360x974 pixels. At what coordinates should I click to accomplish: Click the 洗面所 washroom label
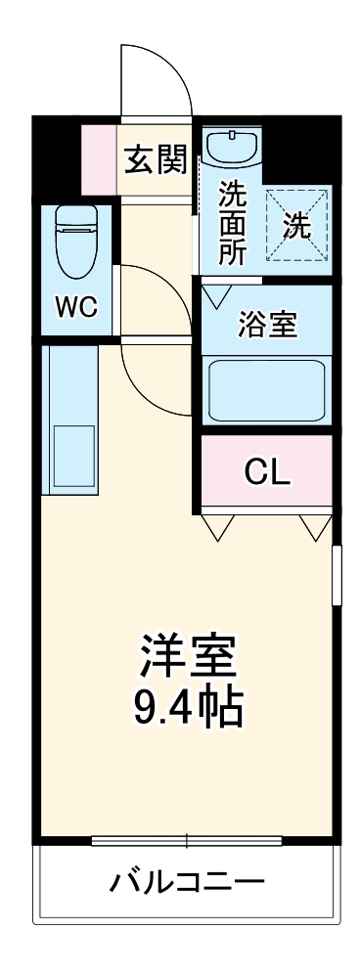232,223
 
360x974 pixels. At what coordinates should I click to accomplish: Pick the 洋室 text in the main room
188,657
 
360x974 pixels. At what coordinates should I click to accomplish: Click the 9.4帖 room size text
188,709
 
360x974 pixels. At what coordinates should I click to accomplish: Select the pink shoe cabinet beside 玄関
100,158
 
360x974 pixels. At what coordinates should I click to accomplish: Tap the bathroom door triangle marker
217,292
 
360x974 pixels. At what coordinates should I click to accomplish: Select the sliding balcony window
186,839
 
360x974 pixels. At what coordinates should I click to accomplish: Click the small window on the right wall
337,576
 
